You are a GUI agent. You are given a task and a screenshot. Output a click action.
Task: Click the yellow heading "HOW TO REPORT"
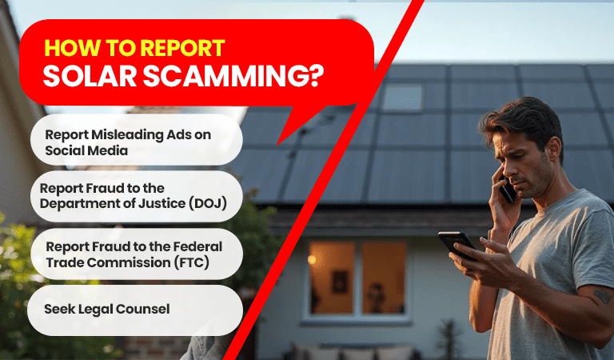pos(134,46)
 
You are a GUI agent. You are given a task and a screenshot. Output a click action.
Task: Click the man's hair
pos(524,120)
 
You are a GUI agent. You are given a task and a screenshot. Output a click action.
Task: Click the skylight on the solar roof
pos(402,98)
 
